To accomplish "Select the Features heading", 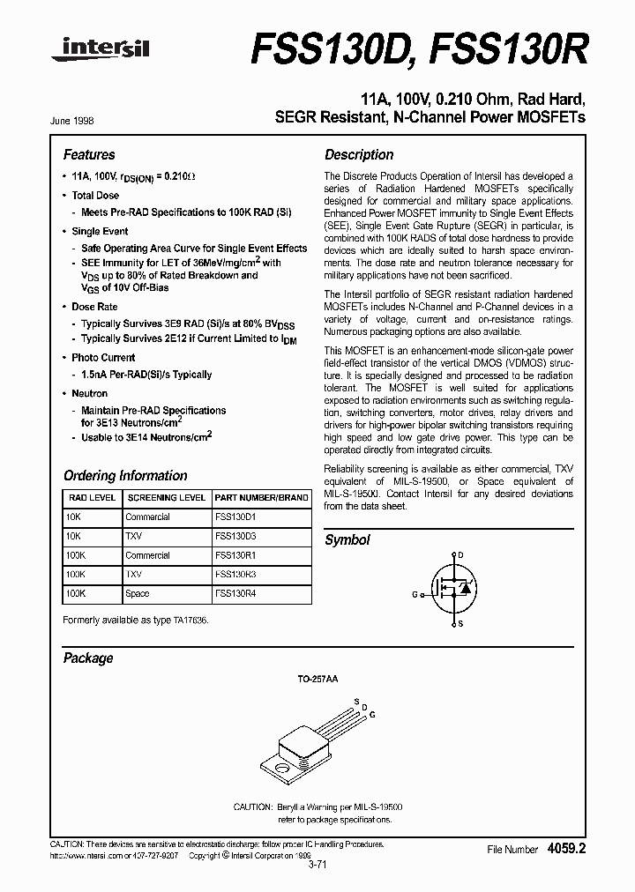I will [89, 154].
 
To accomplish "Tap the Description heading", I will [359, 154].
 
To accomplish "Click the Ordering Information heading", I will [125, 475].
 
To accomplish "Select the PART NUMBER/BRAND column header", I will [262, 497].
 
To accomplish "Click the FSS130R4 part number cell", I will [234, 594].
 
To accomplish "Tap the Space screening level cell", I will [138, 594].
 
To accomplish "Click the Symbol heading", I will [347, 539].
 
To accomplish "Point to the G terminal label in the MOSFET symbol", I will [415, 594].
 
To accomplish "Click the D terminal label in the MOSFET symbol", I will [459, 555].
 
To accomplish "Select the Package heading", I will [88, 658].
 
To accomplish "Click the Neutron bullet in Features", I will [90, 393].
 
